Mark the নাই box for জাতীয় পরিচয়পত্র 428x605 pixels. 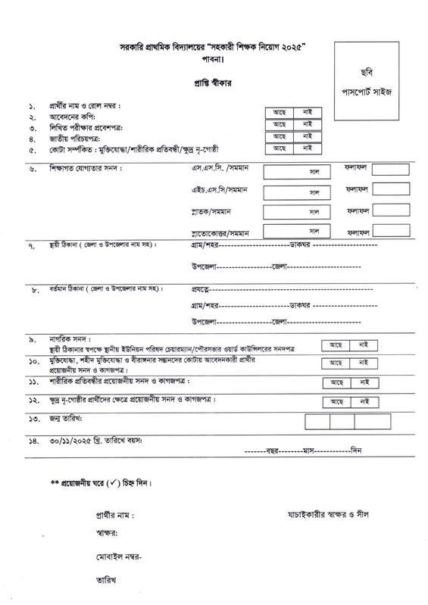[308, 136]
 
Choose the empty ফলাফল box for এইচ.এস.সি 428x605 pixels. [391, 190]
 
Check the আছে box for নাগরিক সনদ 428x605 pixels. [337, 345]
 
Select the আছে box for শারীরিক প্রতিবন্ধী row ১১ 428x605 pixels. [337, 382]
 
